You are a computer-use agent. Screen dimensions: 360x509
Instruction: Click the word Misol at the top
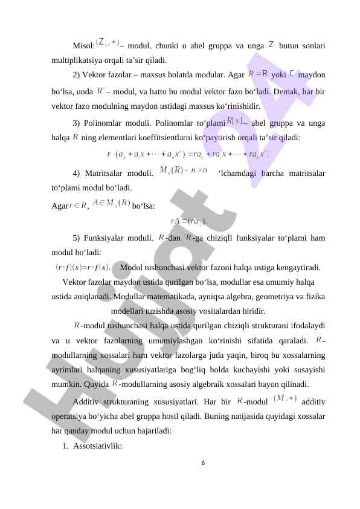pos(83,46)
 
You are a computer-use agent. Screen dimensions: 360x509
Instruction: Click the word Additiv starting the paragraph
pos(87,401)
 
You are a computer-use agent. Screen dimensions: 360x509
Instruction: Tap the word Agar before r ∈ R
pos(60,206)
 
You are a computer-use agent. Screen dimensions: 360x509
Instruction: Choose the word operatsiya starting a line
pos(71,417)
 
